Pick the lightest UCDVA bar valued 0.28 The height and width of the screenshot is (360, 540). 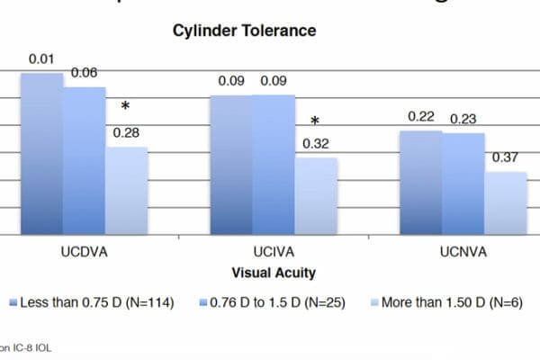click(127, 191)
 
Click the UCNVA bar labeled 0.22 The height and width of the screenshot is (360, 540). click(420, 183)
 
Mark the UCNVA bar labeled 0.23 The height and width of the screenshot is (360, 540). click(463, 184)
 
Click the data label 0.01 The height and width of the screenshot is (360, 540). click(40, 59)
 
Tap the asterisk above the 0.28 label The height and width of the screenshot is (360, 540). click(126, 107)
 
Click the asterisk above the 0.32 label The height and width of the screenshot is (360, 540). click(315, 121)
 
